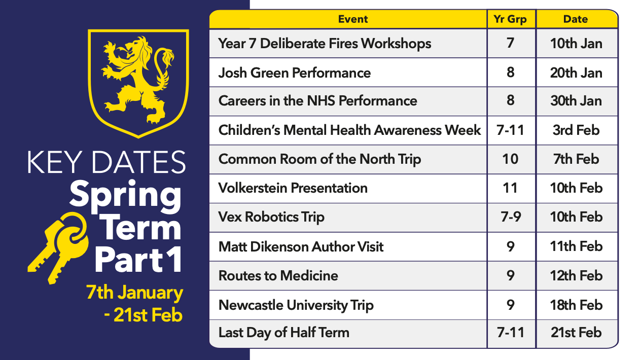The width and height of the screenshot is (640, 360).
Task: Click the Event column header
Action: click(353, 19)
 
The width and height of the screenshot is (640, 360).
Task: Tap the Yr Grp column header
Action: click(510, 19)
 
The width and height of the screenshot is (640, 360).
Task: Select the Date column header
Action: click(576, 19)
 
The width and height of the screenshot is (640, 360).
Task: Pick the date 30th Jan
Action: click(576, 101)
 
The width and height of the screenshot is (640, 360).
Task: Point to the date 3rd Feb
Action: click(576, 130)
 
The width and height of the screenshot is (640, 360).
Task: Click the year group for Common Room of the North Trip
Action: click(510, 159)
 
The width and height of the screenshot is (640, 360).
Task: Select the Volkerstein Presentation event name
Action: click(293, 188)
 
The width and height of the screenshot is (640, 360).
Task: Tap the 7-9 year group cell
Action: click(511, 217)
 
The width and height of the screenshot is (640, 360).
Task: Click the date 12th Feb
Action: click(576, 276)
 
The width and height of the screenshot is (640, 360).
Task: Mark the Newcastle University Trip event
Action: click(296, 305)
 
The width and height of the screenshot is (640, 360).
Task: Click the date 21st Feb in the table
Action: click(576, 333)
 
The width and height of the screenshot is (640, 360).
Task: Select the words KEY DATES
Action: click(106, 162)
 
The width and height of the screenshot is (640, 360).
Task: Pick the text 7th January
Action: click(134, 293)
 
